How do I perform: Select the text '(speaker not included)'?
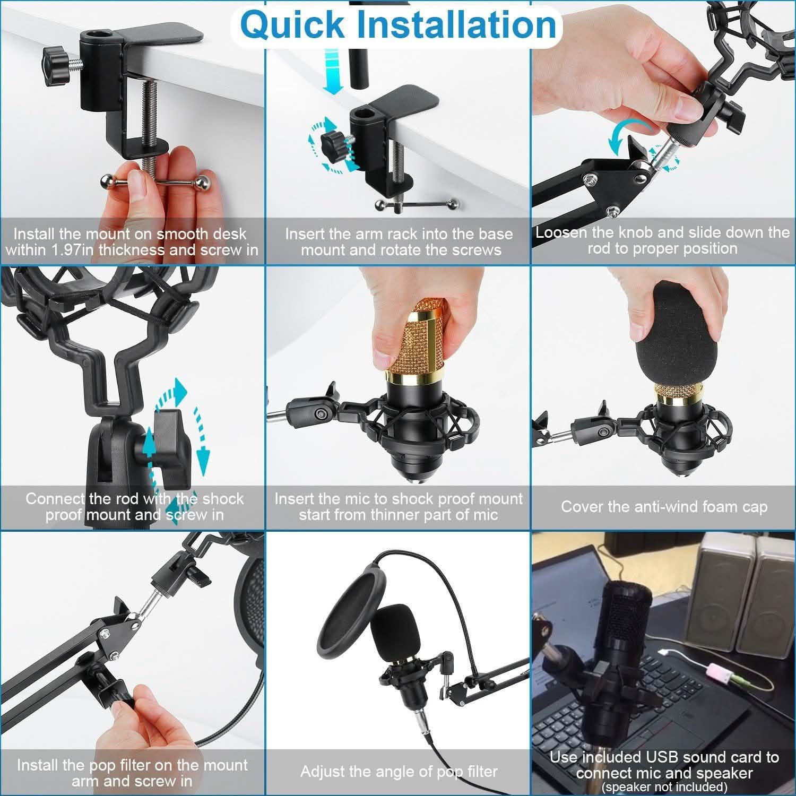(x=664, y=787)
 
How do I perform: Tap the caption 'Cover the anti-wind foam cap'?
(x=664, y=507)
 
